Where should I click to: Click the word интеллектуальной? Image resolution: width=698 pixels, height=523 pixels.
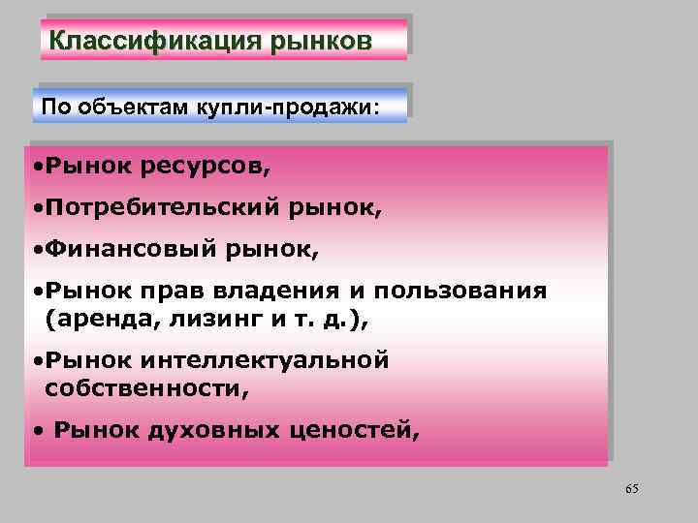265,360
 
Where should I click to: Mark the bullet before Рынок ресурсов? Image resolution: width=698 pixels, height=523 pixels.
34,167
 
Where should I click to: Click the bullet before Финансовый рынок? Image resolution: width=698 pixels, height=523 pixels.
34,250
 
